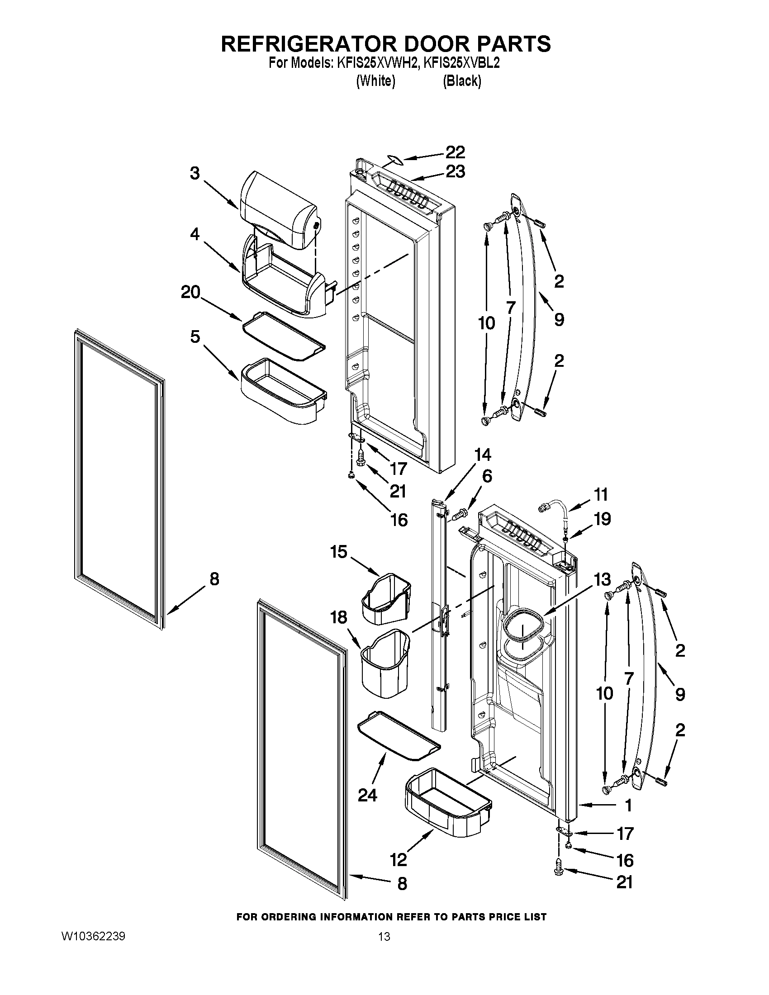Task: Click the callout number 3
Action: (x=195, y=174)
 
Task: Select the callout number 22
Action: (x=455, y=152)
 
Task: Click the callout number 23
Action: (x=455, y=172)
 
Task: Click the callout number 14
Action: (x=483, y=455)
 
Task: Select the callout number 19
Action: (x=602, y=519)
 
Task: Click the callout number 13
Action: (x=602, y=579)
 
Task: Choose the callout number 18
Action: (x=339, y=618)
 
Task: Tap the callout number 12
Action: (x=398, y=860)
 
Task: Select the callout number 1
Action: (x=628, y=806)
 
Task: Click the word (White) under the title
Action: (x=375, y=81)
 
